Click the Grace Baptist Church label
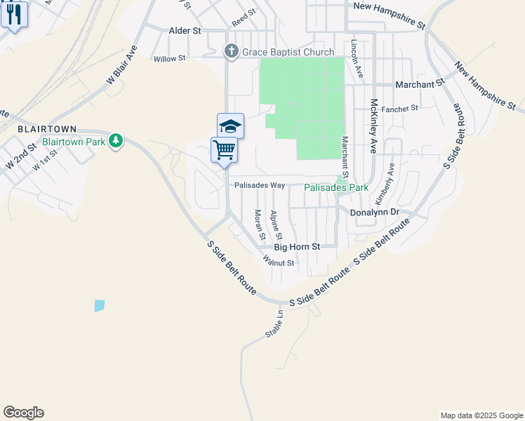(288, 52)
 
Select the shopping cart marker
(224, 149)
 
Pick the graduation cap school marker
(230, 126)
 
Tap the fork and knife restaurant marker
(14, 14)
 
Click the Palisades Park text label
(336, 188)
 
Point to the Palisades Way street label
(260, 186)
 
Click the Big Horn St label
(297, 247)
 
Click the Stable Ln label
(274, 324)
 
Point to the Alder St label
(185, 31)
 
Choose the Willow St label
(169, 59)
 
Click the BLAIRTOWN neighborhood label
(46, 130)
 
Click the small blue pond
(99, 305)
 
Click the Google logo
(23, 412)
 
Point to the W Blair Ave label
(121, 66)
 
